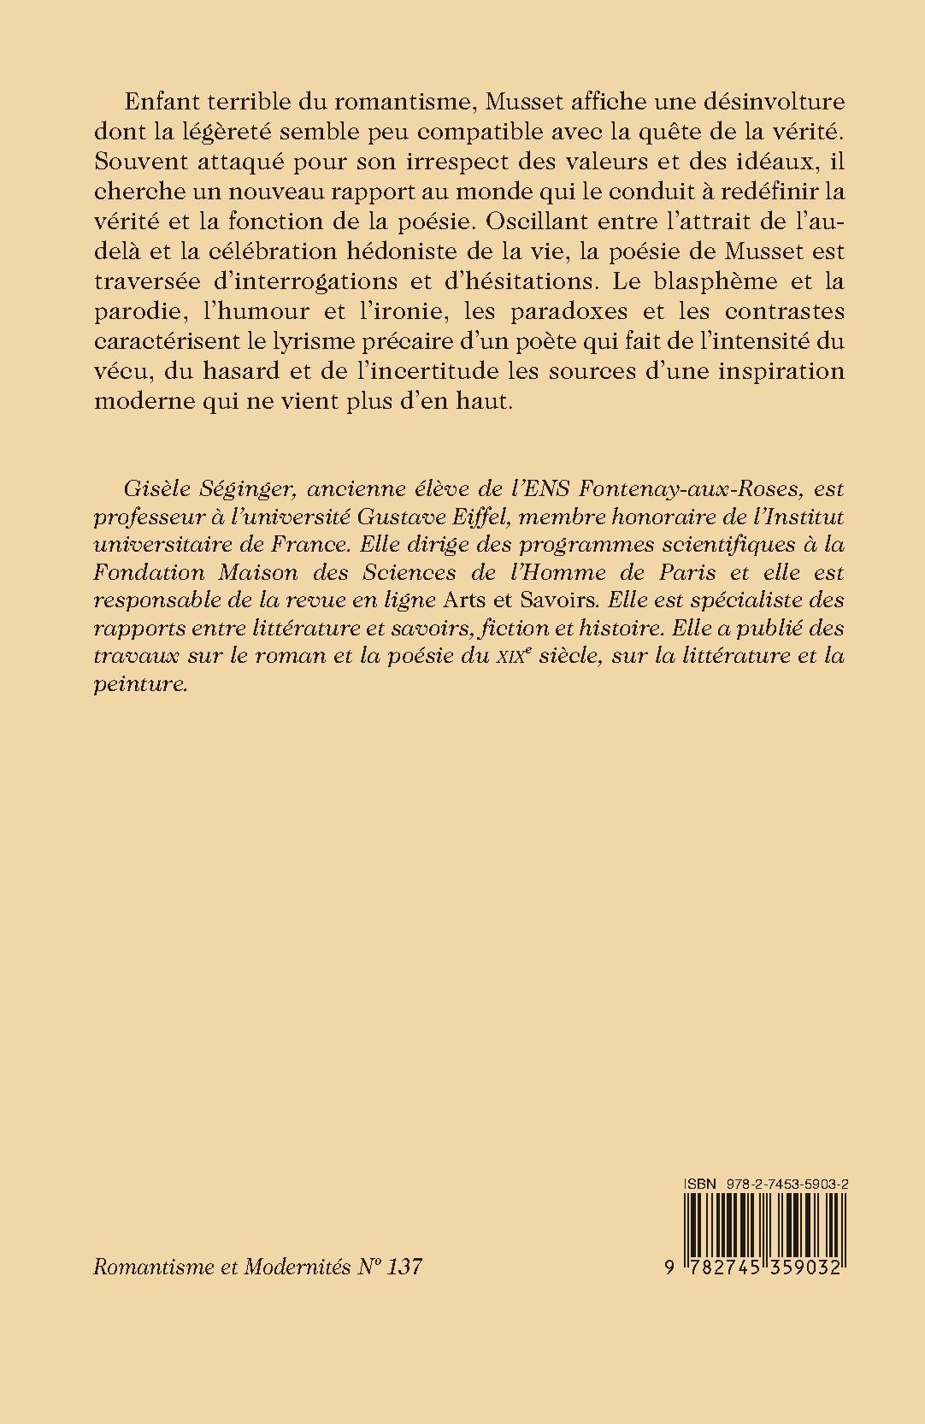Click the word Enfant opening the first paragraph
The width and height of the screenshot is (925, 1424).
[159, 101]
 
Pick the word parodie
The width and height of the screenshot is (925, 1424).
[136, 312]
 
